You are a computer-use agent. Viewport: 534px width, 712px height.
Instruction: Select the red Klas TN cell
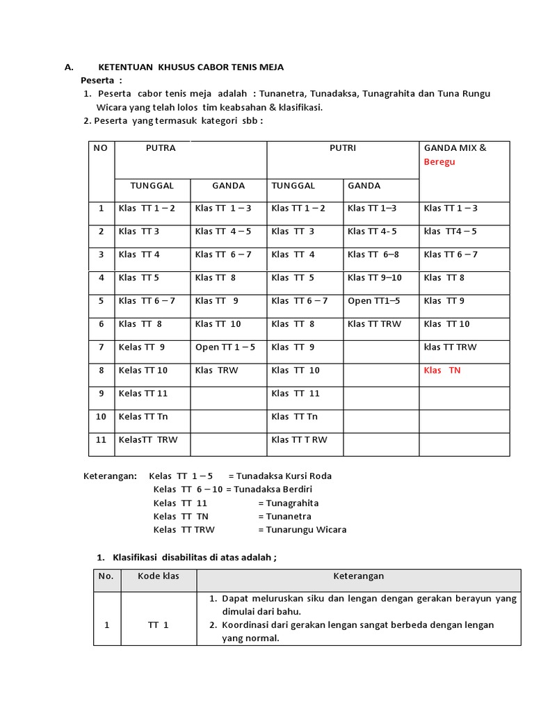pos(442,371)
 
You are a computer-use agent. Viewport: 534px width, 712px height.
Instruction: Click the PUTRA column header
pos(161,148)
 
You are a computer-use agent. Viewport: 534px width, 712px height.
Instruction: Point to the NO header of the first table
pos(101,148)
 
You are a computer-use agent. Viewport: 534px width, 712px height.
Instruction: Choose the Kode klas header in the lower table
pos(159,576)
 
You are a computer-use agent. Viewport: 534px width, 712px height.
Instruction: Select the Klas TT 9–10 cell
pos(374,278)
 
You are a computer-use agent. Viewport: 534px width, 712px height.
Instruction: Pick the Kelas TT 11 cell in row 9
pos(143,394)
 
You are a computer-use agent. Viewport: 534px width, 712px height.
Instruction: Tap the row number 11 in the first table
pos(102,440)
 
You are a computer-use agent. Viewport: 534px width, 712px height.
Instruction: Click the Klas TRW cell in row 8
pos(216,371)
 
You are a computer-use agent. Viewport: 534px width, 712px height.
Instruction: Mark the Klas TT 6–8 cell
pos(373,254)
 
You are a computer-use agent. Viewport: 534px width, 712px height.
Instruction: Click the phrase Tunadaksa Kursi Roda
pos(284,476)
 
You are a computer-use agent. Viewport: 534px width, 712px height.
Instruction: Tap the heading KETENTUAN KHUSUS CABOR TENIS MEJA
pos(191,67)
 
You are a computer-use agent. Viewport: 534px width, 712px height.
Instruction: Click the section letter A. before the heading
pos(69,67)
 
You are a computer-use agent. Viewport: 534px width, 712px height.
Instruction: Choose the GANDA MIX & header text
pos(455,148)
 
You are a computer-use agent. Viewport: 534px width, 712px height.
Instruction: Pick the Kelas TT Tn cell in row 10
pos(143,417)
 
